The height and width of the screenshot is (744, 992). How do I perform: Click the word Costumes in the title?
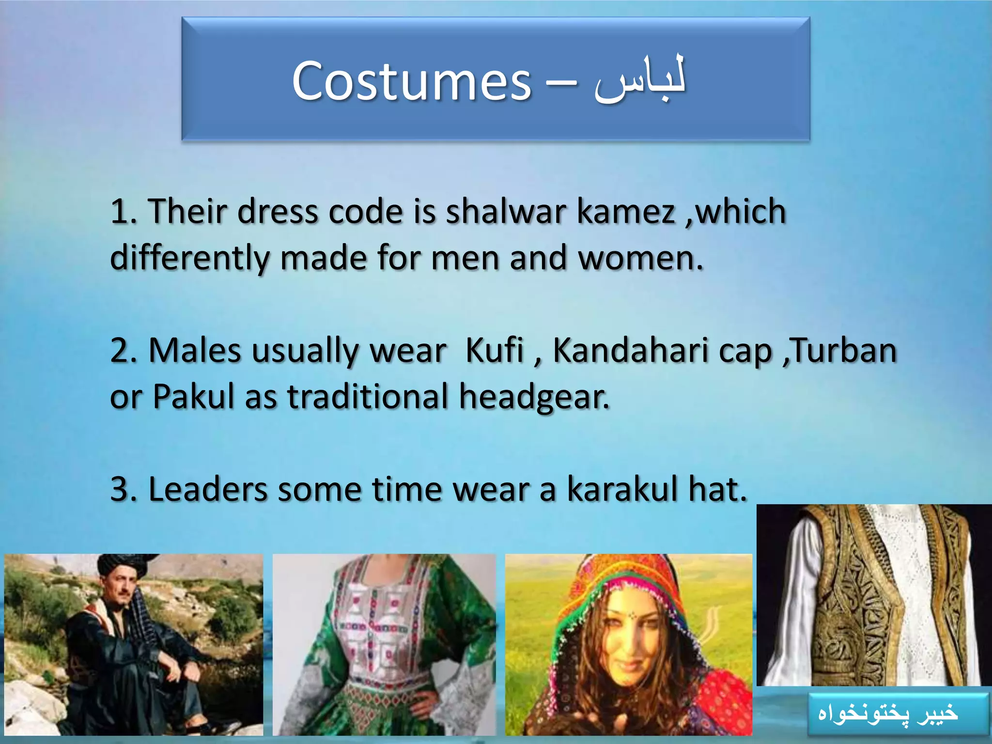[411, 81]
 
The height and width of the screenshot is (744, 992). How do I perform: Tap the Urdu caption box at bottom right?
[897, 713]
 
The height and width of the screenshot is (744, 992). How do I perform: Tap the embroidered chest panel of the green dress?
[383, 630]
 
